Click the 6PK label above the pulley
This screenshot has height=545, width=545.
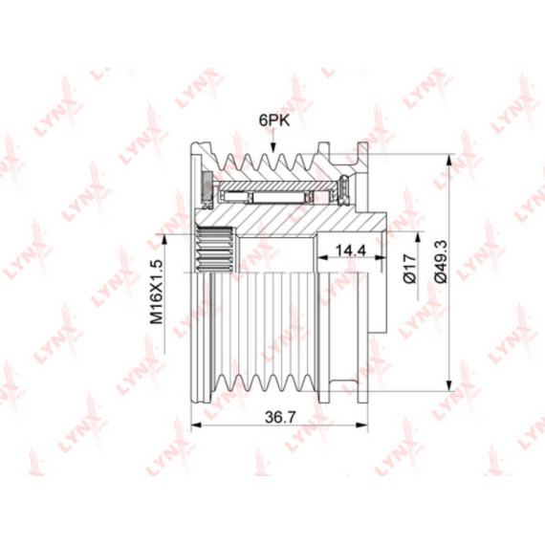pos(273,120)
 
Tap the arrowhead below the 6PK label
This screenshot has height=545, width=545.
pos(273,146)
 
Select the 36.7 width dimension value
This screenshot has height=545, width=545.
pos(280,417)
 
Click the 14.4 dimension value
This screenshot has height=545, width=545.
pos(350,250)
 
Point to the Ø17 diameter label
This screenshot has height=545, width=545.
pos(409,269)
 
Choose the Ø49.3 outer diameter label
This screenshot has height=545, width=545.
pos(442,262)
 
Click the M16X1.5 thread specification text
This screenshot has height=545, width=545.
pos(157,292)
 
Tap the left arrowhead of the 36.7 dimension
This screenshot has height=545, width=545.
pos(197,425)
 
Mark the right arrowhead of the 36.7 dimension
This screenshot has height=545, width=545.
pos(361,425)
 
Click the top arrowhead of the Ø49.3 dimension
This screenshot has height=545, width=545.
pos(449,160)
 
